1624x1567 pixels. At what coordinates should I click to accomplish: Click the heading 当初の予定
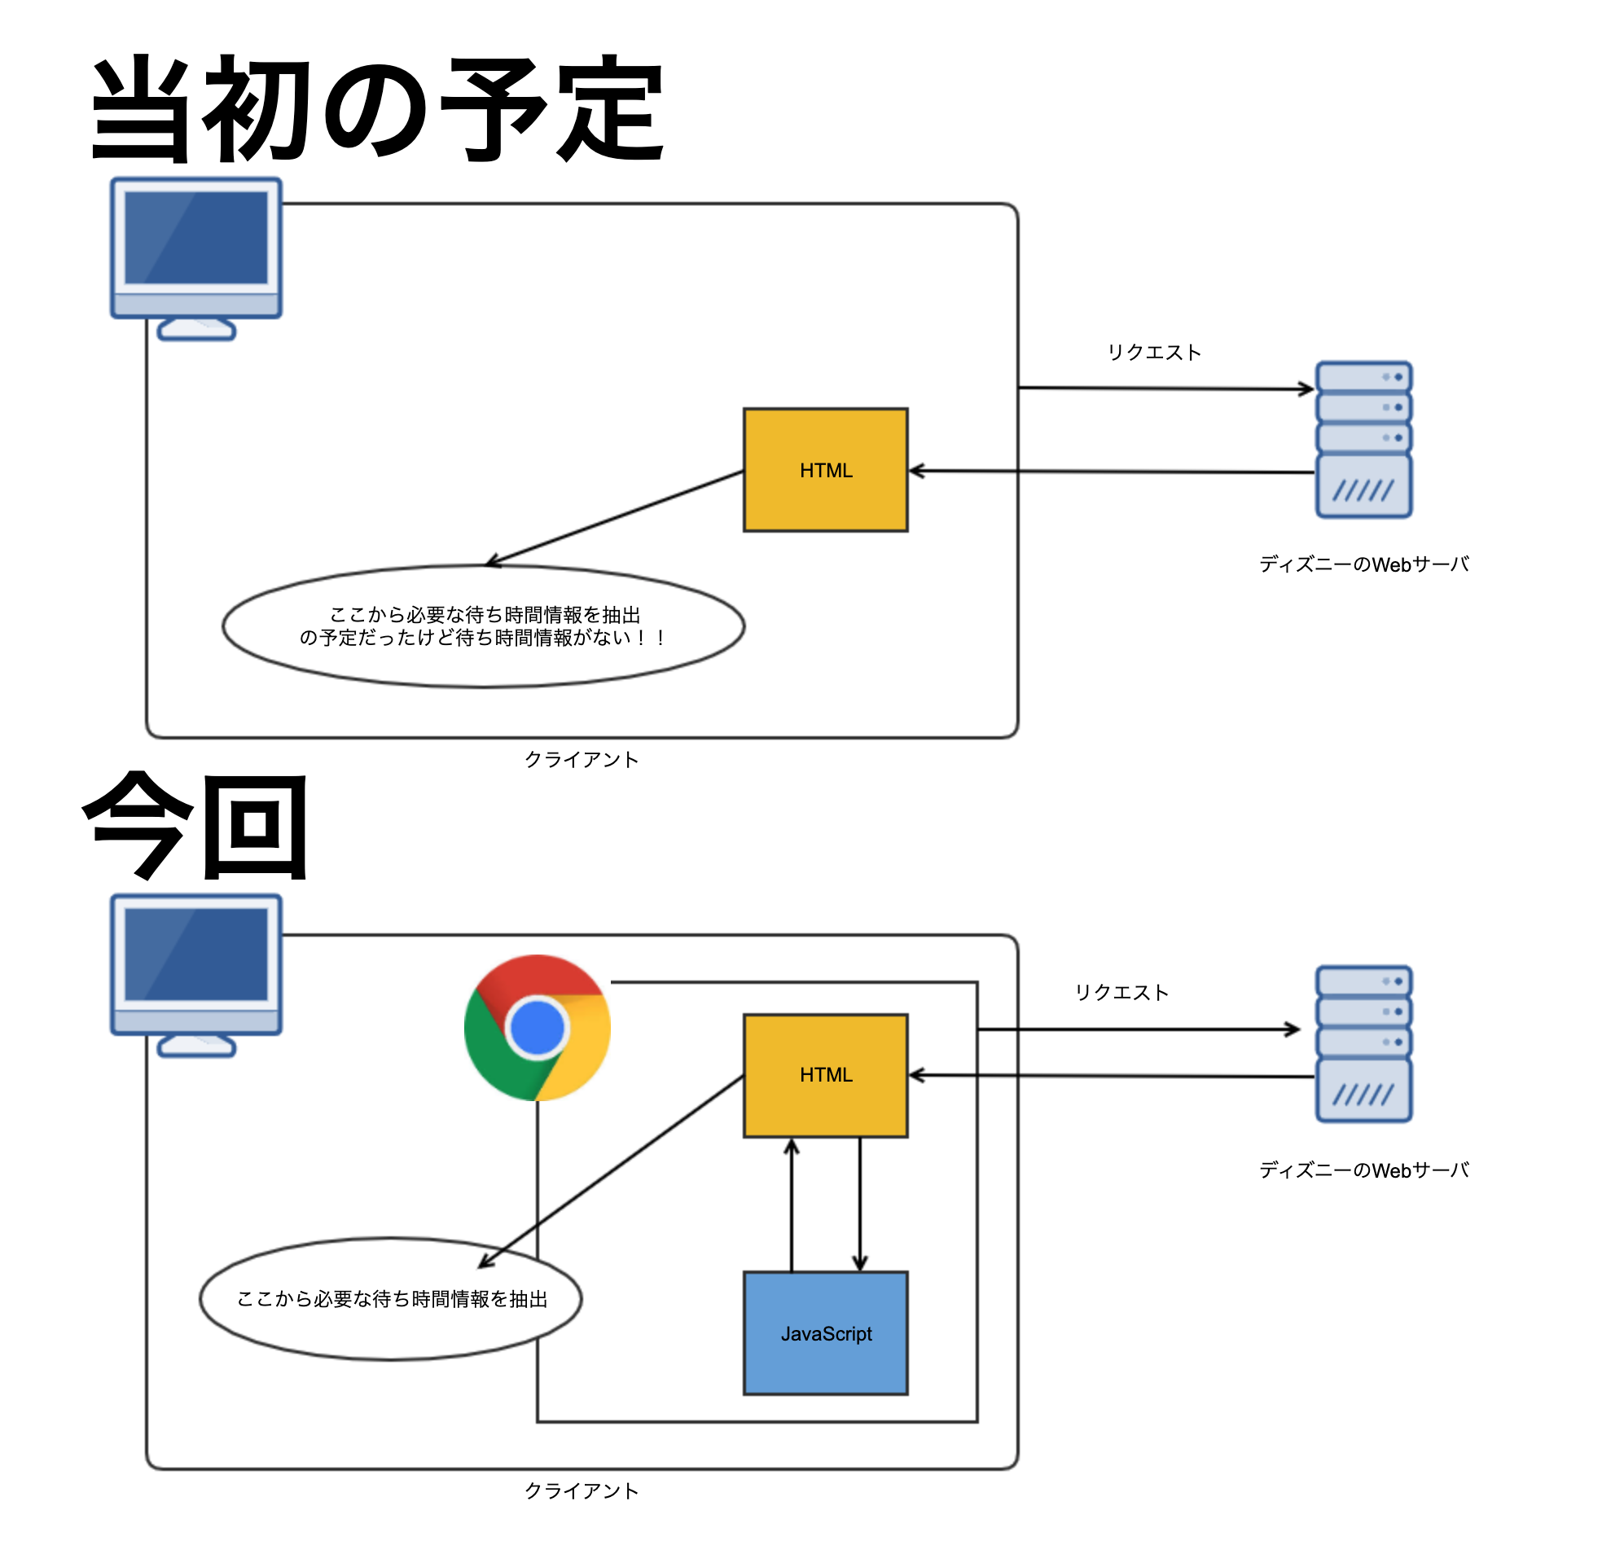coord(377,109)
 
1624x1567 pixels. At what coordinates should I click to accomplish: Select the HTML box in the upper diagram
coord(825,470)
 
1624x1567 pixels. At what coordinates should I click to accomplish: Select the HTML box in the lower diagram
coord(825,1075)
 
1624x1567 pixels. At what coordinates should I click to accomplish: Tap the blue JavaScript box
coord(825,1333)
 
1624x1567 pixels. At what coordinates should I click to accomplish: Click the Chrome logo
coord(537,1028)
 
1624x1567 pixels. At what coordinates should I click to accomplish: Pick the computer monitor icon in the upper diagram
coord(196,257)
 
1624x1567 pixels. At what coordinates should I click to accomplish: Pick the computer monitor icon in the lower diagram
coord(196,974)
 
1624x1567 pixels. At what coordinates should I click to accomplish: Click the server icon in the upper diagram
coord(1364,439)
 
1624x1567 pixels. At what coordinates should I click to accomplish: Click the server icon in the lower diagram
coord(1364,1043)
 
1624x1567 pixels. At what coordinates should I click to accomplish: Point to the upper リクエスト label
coord(1154,352)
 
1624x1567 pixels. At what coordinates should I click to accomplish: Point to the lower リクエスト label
coord(1121,992)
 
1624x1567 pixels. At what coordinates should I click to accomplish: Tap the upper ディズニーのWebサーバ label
coord(1364,564)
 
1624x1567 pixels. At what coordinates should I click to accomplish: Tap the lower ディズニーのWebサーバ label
coord(1364,1170)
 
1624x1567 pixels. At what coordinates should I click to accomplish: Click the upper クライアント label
coord(582,759)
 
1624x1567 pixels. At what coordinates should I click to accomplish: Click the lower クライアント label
coord(582,1490)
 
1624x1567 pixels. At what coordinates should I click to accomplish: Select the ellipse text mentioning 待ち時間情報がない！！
coord(484,637)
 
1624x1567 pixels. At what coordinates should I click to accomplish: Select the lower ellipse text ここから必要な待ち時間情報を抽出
coord(392,1298)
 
